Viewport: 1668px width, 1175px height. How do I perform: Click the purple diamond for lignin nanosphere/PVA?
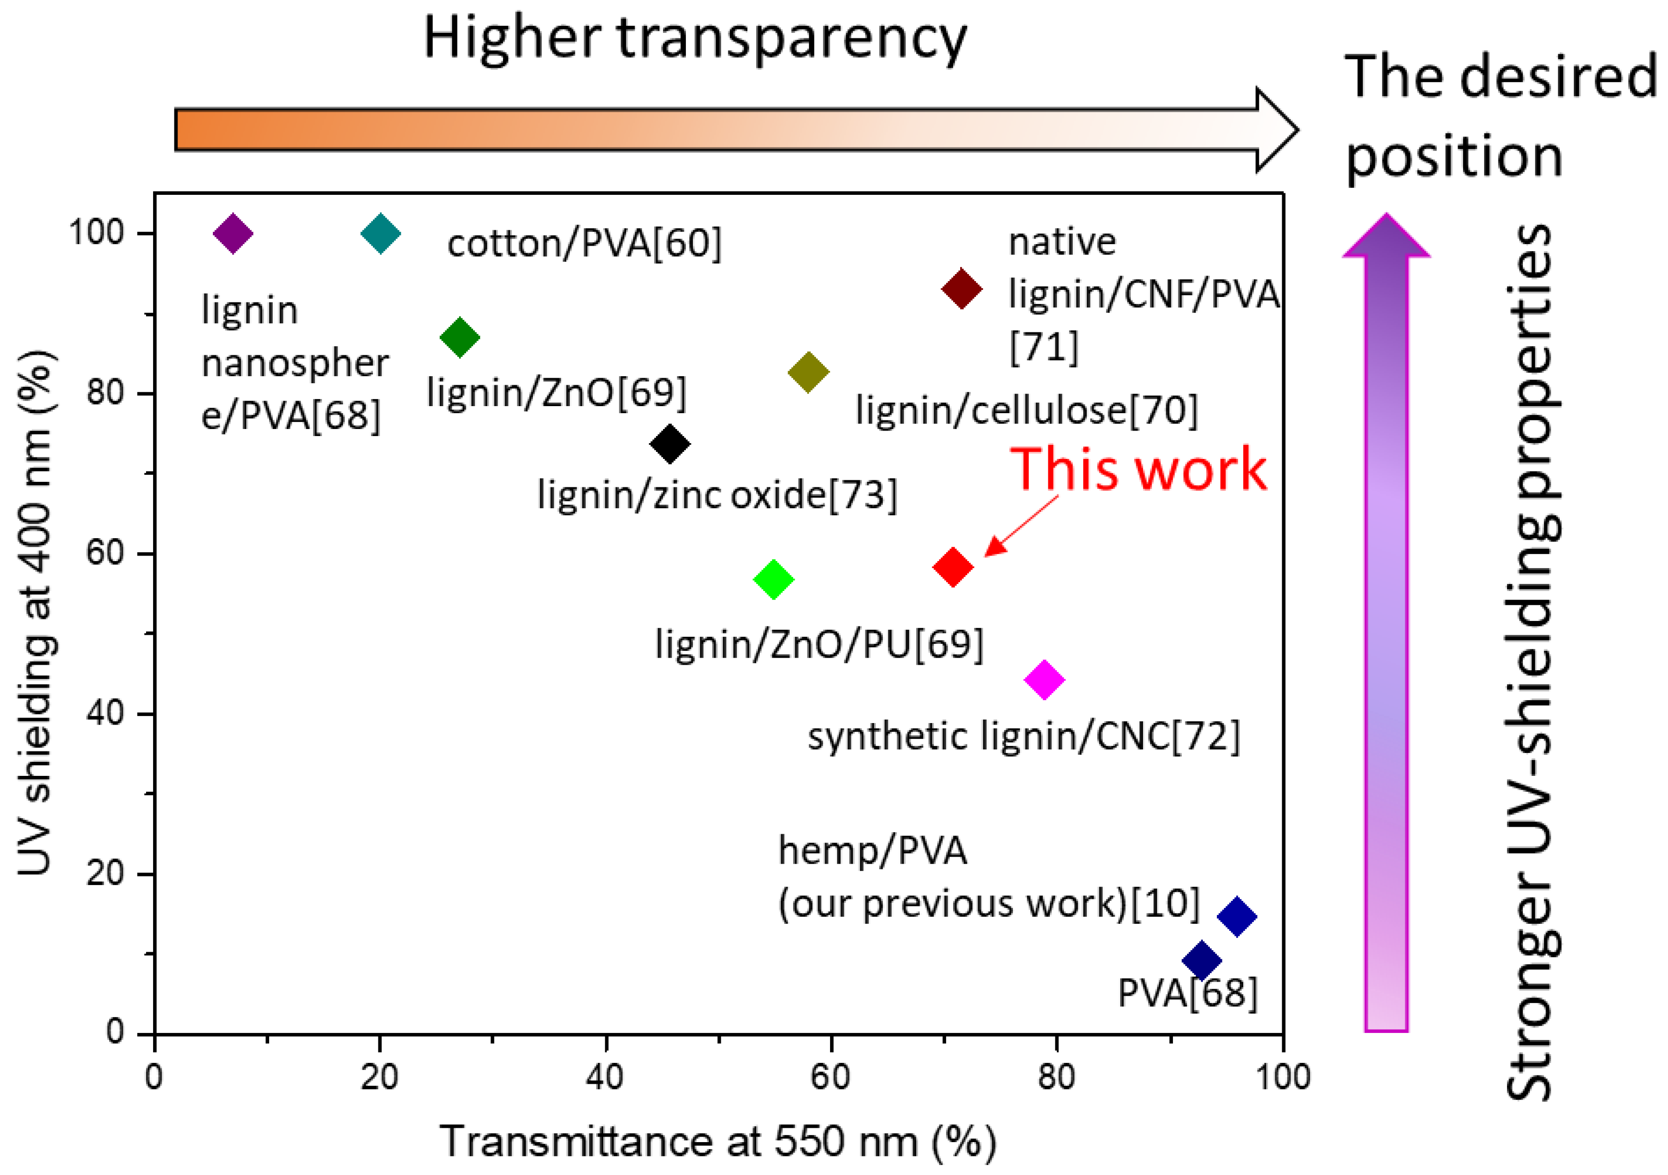tap(232, 234)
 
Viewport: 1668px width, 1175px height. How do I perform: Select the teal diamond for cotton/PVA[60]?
tap(381, 234)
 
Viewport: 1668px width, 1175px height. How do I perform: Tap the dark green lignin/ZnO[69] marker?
tap(460, 337)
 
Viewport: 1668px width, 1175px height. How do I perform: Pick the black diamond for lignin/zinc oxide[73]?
tap(670, 443)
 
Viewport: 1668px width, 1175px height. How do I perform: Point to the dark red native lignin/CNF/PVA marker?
tap(962, 289)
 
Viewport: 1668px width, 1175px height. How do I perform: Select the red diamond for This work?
tap(953, 567)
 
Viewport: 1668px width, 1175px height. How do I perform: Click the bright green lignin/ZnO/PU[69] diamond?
tap(774, 580)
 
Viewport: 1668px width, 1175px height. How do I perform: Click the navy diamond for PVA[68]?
tap(1201, 961)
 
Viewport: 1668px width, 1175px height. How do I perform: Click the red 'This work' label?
tap(1139, 470)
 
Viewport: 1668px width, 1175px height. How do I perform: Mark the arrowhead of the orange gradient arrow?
tap(1277, 131)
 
